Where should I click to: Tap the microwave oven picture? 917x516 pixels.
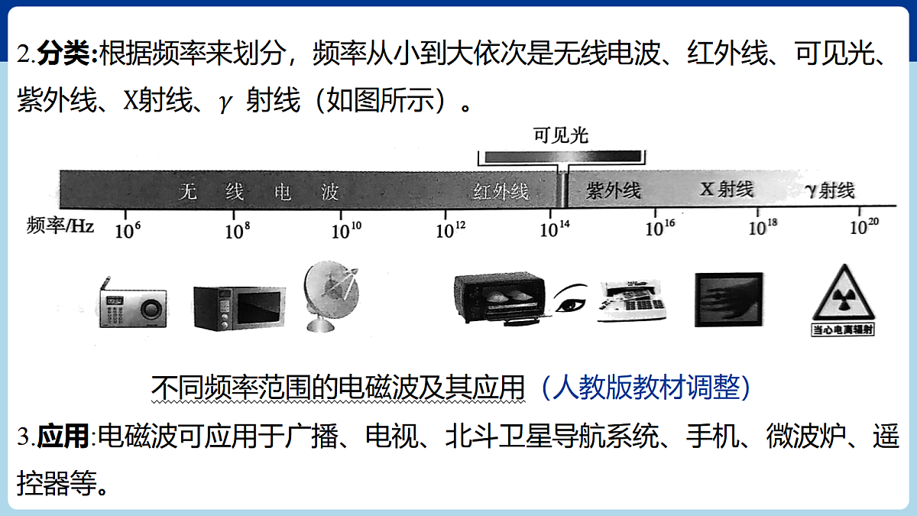[239, 308]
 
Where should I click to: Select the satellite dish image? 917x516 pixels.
[331, 297]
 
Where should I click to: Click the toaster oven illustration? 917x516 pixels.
[501, 298]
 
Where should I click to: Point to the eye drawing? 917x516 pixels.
[570, 297]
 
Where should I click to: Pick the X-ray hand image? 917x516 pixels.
[729, 300]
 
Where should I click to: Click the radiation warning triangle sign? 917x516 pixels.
[844, 300]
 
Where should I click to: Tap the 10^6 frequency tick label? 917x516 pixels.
[128, 231]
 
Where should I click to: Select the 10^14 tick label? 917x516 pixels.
[555, 229]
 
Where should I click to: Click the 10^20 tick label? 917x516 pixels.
[864, 226]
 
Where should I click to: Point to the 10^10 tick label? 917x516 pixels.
[346, 231]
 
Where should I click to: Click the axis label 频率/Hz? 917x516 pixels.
[60, 226]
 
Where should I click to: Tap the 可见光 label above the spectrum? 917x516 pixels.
[561, 135]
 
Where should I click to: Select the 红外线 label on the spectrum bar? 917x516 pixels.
[501, 191]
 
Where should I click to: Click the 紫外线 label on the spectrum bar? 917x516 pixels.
[613, 191]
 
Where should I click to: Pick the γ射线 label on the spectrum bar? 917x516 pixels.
[830, 190]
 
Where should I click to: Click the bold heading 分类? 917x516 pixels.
[63, 54]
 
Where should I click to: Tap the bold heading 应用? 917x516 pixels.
[63, 436]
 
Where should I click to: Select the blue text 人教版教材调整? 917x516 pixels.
[646, 387]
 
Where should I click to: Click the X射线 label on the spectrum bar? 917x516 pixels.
[726, 190]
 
